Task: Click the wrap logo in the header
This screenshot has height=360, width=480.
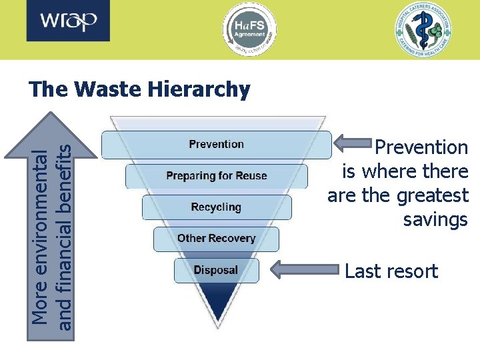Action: point(69,22)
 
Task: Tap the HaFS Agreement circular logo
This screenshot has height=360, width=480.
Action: point(249,29)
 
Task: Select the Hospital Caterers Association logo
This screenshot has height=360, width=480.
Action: point(422,29)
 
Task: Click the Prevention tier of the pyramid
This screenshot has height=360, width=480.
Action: point(216,145)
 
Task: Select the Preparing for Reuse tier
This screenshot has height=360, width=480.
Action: point(216,176)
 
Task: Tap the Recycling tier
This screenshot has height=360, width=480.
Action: point(216,207)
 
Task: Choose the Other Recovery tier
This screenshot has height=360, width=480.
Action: point(216,239)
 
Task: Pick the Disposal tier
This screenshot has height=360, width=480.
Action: point(215,270)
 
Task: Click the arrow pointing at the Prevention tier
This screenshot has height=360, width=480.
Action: point(353,142)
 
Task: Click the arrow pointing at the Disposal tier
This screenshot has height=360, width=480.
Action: point(307,270)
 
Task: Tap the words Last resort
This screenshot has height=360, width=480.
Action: point(391,271)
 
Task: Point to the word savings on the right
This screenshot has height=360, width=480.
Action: point(435,220)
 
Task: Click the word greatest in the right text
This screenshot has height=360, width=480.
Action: point(433,196)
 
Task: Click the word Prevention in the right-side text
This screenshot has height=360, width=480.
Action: point(422,147)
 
